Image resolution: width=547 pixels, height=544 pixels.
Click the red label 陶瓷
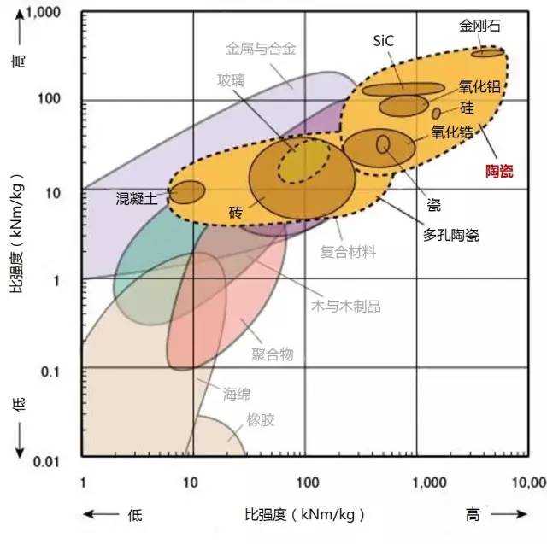pyautogui.click(x=495, y=171)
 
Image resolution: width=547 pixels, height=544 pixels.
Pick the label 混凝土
pyautogui.click(x=136, y=199)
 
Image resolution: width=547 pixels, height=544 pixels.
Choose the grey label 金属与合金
pyautogui.click(x=261, y=49)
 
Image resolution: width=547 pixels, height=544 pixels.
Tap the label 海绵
pyautogui.click(x=238, y=394)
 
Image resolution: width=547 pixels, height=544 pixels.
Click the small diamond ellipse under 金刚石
pyautogui.click(x=488, y=53)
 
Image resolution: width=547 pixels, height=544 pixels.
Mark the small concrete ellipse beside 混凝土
pyautogui.click(x=187, y=191)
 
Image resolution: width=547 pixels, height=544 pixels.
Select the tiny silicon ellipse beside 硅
pyautogui.click(x=436, y=113)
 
